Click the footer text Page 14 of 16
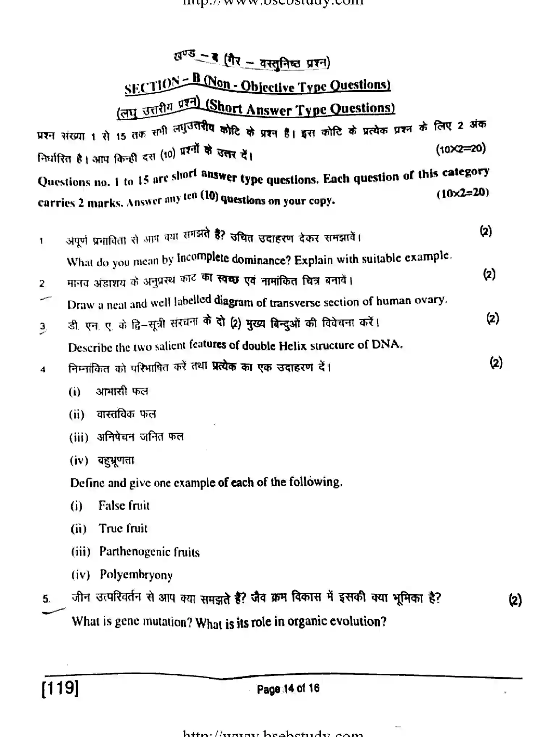pos(288,688)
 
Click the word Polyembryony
pos(136,575)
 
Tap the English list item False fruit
pos(123,505)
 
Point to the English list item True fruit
pos(123,528)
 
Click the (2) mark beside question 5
pos(515,600)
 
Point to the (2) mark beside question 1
pos(486,231)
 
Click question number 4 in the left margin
pos(43,370)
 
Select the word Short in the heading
pos(225,107)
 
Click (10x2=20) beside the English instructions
pos(462,193)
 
